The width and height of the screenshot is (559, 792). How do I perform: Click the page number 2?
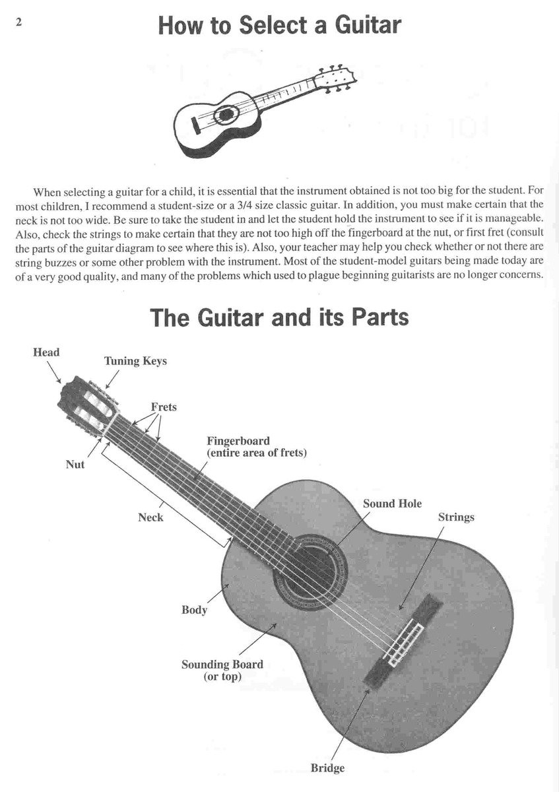[18, 22]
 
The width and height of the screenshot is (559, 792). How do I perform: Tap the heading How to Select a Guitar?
[280, 26]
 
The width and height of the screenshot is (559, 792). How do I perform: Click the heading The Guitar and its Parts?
[280, 317]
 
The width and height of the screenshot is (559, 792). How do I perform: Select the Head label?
[46, 352]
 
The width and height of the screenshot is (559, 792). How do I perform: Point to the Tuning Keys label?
[135, 361]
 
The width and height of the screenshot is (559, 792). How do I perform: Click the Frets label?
[164, 407]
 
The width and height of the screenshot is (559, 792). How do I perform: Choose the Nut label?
[75, 464]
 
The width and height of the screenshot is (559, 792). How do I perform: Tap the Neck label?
[150, 517]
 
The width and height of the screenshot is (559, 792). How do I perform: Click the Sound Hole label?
[392, 504]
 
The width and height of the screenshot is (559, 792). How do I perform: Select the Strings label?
[456, 517]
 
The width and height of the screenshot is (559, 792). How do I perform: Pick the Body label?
[194, 610]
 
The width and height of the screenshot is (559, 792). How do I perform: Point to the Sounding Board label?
[222, 665]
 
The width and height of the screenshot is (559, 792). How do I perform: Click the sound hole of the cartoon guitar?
[225, 114]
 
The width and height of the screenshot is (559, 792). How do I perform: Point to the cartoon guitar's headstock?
[336, 79]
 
